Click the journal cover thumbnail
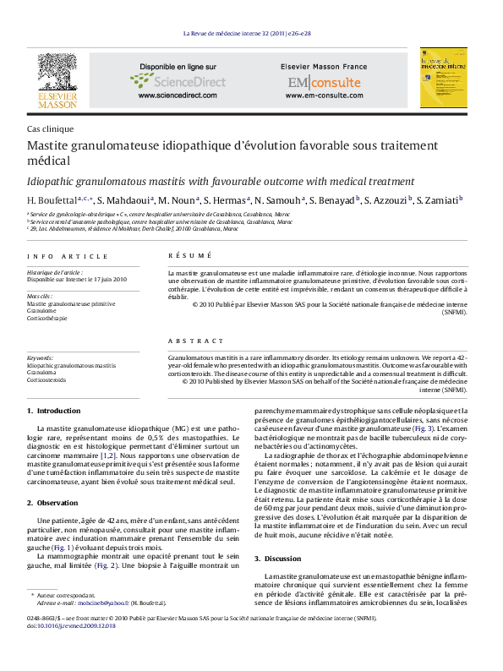point(443,78)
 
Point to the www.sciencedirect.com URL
point(178,96)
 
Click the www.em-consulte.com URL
point(324,96)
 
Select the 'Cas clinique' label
point(51,129)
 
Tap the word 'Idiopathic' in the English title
point(50,181)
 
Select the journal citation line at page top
point(251,34)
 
